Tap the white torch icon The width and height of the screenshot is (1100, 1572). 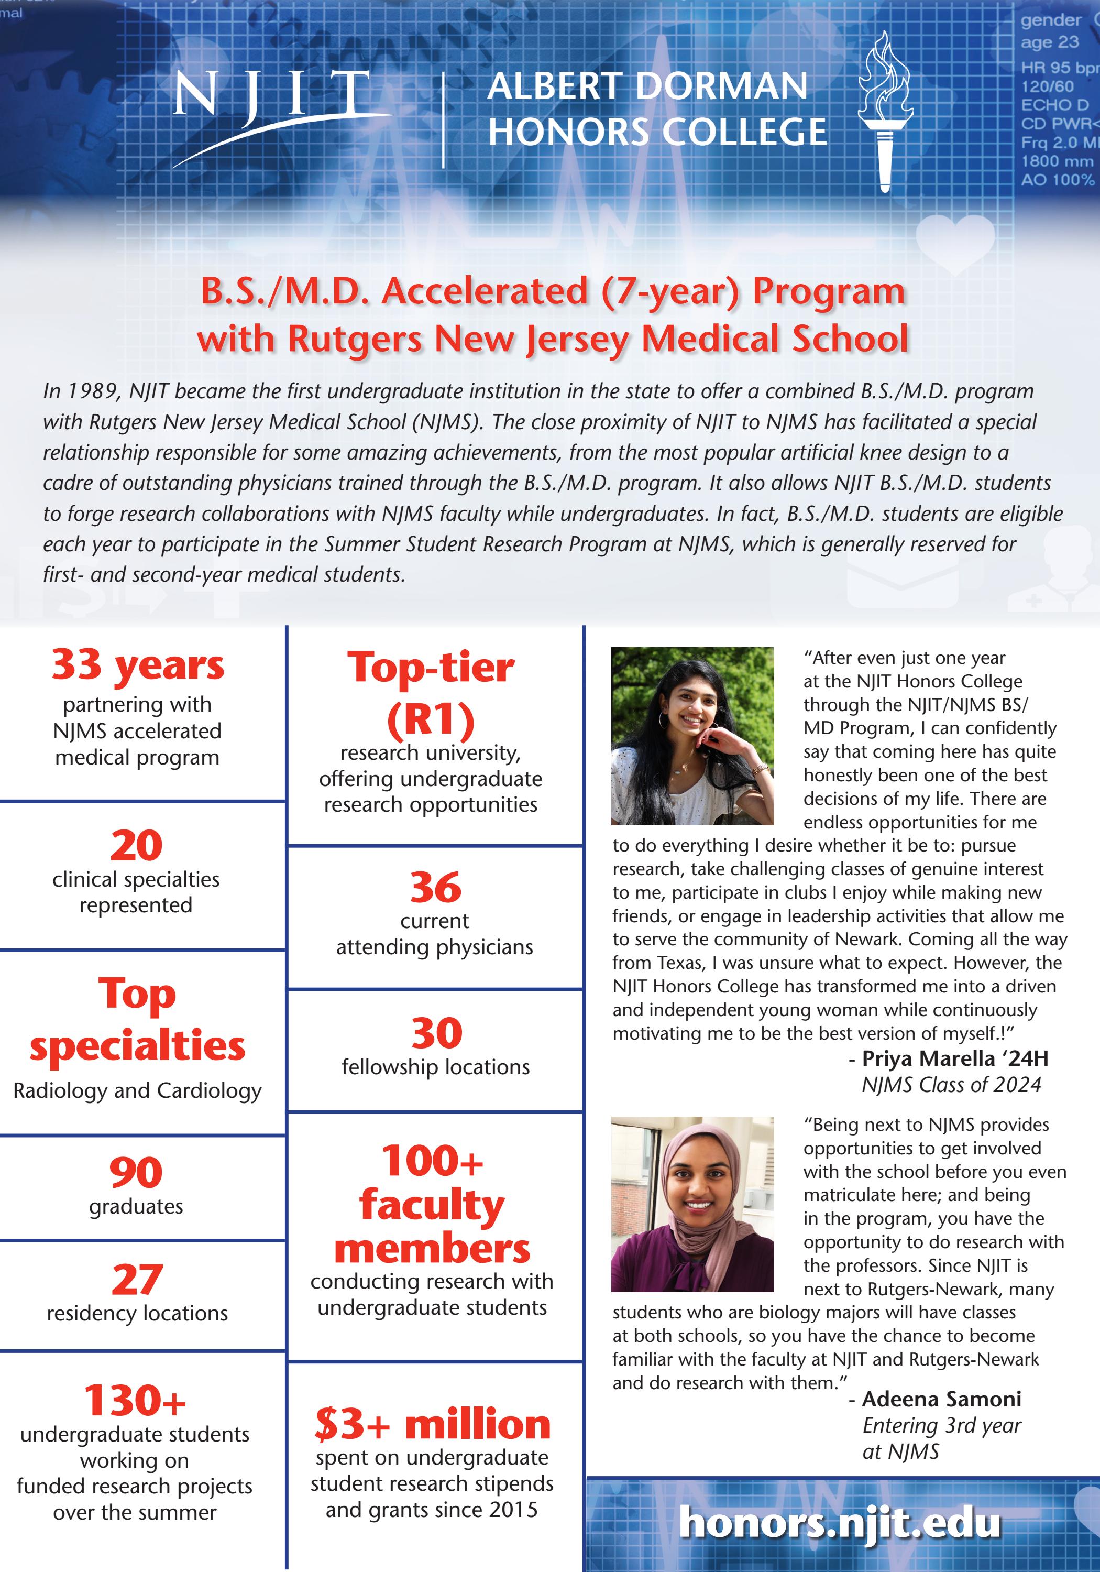(885, 113)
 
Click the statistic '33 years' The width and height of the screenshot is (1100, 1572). (138, 665)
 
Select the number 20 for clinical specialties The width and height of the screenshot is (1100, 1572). (136, 846)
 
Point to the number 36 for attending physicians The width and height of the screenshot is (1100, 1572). (435, 888)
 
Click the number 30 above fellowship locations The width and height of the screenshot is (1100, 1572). (436, 1033)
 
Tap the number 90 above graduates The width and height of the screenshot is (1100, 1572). (136, 1172)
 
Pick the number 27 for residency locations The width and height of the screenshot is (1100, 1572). (137, 1280)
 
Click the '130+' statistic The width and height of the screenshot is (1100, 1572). (135, 1400)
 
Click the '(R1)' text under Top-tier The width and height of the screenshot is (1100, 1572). (431, 719)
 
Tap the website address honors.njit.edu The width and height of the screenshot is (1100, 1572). (840, 1523)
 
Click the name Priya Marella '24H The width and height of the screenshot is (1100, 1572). (954, 1058)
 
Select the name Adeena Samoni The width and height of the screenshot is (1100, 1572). (941, 1399)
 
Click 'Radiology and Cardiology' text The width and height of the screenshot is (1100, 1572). (138, 1090)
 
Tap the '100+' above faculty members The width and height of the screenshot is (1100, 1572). (432, 1161)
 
